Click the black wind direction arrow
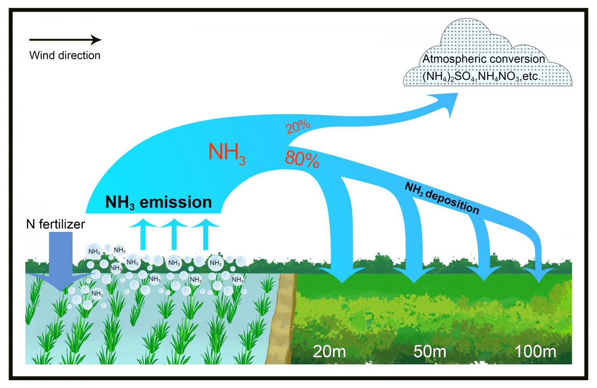pyautogui.click(x=65, y=40)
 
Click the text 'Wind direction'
pyautogui.click(x=65, y=55)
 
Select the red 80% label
pyautogui.click(x=302, y=160)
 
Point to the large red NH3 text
pyautogui.click(x=227, y=153)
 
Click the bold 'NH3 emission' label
pyautogui.click(x=159, y=202)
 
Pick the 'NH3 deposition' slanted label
pyautogui.click(x=442, y=198)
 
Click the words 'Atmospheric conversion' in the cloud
pyautogui.click(x=483, y=59)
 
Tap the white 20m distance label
pyautogui.click(x=330, y=352)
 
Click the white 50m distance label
pyautogui.click(x=430, y=352)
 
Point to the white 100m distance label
pyautogui.click(x=535, y=352)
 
